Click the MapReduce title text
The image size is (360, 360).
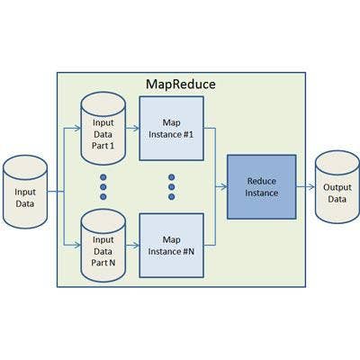181,85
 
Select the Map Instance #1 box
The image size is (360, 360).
172,129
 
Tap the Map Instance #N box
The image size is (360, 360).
172,246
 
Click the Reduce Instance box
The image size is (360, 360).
262,187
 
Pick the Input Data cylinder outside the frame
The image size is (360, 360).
25,192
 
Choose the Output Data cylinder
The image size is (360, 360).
337,187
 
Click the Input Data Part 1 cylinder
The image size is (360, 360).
103,129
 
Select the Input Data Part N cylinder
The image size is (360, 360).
103,246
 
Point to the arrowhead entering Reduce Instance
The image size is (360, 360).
224,187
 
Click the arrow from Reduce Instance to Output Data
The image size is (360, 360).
306,187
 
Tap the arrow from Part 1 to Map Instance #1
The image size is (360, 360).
132,129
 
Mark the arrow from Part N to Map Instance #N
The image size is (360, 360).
132,246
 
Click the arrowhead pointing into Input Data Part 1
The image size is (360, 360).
77,129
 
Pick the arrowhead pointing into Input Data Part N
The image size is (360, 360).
77,246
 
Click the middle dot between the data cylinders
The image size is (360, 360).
103,187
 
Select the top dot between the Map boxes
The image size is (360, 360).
172,177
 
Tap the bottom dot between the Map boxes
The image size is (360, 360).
172,197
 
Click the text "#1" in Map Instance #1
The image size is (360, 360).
188,134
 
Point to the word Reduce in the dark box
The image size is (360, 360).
262,181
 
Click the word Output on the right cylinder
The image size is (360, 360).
337,187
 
